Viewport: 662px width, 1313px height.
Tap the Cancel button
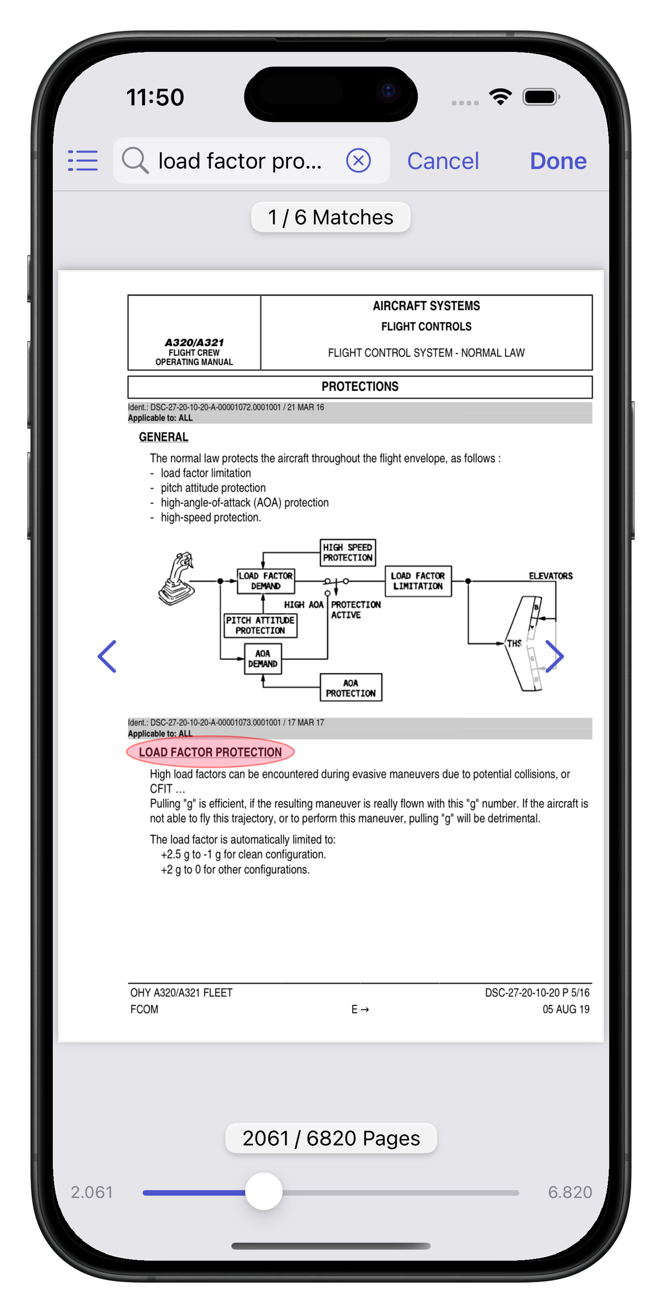(443, 161)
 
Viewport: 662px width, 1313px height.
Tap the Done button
(558, 161)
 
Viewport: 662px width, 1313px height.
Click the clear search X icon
(358, 160)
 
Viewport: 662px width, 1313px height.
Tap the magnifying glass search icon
(135, 160)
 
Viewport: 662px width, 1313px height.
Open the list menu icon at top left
(83, 160)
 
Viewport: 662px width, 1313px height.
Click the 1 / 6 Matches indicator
(331, 217)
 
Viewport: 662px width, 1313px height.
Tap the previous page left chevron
(107, 656)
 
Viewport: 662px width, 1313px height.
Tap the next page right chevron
(554, 656)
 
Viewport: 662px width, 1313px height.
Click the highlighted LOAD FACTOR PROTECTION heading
(210, 752)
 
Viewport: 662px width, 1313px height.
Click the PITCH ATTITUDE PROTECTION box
(260, 625)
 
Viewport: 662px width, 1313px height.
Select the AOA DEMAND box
(263, 659)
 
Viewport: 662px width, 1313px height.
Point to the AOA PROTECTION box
(350, 688)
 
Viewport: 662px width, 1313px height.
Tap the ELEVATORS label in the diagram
(550, 576)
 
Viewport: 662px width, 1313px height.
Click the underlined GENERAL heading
(164, 437)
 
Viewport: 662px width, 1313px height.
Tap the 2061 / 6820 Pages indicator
(331, 1138)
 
